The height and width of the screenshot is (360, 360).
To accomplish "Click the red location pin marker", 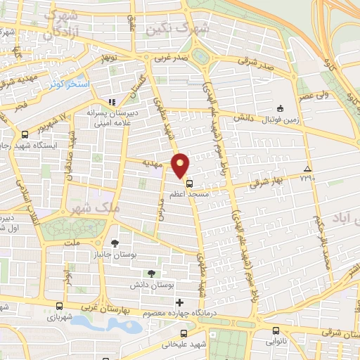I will (x=181, y=165).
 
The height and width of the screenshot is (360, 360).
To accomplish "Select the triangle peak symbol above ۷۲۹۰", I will (x=307, y=169).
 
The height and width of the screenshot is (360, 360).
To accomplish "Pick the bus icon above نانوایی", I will (x=274, y=330).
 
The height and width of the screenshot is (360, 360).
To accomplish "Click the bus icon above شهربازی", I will (x=60, y=307).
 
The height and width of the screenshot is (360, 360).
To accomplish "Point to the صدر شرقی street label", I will (x=249, y=61).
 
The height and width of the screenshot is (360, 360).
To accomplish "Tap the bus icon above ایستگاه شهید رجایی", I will (x=25, y=135).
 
